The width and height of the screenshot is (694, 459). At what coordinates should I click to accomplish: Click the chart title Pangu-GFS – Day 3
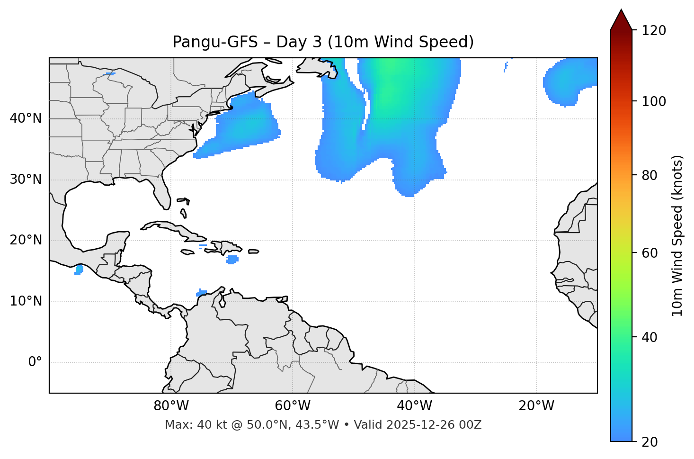click(x=323, y=42)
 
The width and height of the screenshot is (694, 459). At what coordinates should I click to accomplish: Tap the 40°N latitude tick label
click(x=26, y=118)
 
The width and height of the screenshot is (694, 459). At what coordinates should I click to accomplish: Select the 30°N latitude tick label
click(x=26, y=180)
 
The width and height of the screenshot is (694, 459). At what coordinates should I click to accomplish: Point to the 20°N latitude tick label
click(x=26, y=240)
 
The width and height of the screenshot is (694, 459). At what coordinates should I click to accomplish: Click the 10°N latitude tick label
click(x=26, y=301)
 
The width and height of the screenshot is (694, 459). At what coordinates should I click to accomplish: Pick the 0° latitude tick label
click(x=35, y=362)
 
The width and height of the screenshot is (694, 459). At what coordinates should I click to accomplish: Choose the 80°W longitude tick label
click(x=171, y=406)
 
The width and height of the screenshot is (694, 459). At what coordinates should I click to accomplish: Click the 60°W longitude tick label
click(x=293, y=406)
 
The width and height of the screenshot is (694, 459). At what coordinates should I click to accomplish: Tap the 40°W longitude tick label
click(x=414, y=406)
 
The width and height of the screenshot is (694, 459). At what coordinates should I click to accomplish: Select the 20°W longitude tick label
click(x=536, y=406)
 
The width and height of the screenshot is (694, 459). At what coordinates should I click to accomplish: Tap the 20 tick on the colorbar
click(x=650, y=442)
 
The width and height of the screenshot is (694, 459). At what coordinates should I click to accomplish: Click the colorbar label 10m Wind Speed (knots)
click(x=677, y=235)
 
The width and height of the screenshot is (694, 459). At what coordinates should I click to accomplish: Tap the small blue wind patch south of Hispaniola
click(x=232, y=260)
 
